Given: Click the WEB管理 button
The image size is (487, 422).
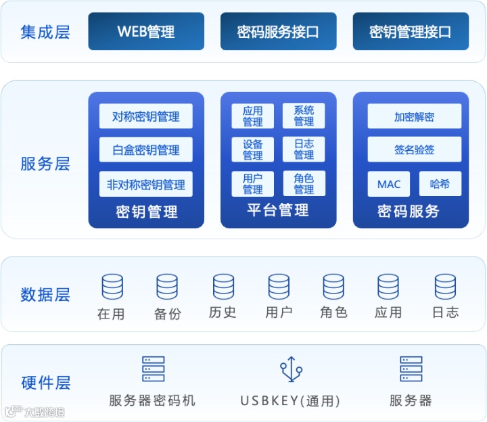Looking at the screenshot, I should pos(146,31).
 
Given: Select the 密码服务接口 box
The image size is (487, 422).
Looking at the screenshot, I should pos(278,31).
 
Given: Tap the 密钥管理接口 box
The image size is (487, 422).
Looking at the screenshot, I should pos(411,31).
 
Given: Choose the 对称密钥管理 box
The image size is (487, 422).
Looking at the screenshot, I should pos(145,116).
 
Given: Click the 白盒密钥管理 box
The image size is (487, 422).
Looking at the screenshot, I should pos(145,150).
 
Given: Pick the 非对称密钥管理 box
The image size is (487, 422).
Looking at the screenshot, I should pos(145,184).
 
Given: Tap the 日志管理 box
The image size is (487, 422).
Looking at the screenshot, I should pos(304,149).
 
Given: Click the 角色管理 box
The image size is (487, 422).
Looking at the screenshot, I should pos(304,183).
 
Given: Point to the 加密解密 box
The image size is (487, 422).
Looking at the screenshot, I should pos(414,116).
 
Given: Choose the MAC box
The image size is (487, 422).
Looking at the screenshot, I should pos(389,184).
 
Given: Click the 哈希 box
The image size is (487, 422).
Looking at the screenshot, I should pos(440,184).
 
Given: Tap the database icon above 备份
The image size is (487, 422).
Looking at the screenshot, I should pos(167,287).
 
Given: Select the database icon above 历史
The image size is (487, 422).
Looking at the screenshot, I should pos(223,287).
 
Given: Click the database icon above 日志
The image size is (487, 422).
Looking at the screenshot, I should pos(445,287).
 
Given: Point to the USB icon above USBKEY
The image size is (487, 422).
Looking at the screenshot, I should pos(291,369).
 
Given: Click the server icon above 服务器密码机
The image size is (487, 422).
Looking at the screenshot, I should pos(153,369).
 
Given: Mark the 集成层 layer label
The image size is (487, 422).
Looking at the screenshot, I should pos(45,32).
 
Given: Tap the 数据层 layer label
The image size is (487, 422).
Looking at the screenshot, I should pos(45,295).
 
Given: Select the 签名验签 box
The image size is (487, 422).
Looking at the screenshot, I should pos(414,149).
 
